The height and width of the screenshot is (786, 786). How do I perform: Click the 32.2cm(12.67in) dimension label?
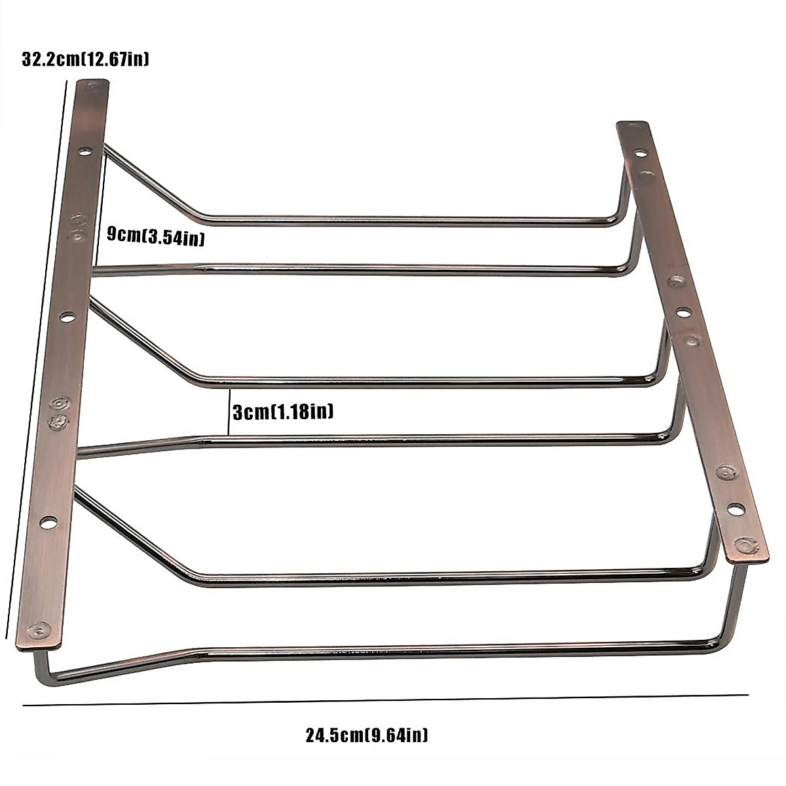86,60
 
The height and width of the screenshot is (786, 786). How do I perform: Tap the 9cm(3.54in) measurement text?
156,236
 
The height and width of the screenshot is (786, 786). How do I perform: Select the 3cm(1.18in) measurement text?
283,412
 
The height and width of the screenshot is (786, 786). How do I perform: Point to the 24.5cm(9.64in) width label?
367,735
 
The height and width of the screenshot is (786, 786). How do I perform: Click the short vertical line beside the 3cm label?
228,413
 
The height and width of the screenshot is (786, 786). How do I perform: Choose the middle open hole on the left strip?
67,317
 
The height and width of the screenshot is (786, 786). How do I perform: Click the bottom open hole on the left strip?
48,522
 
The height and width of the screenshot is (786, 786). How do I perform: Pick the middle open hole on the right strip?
683,312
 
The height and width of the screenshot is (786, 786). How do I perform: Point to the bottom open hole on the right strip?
736,508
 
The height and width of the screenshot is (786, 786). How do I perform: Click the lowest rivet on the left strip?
41,629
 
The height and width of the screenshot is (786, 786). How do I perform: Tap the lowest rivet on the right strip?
744,544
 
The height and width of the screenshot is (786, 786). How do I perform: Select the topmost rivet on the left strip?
94,86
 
